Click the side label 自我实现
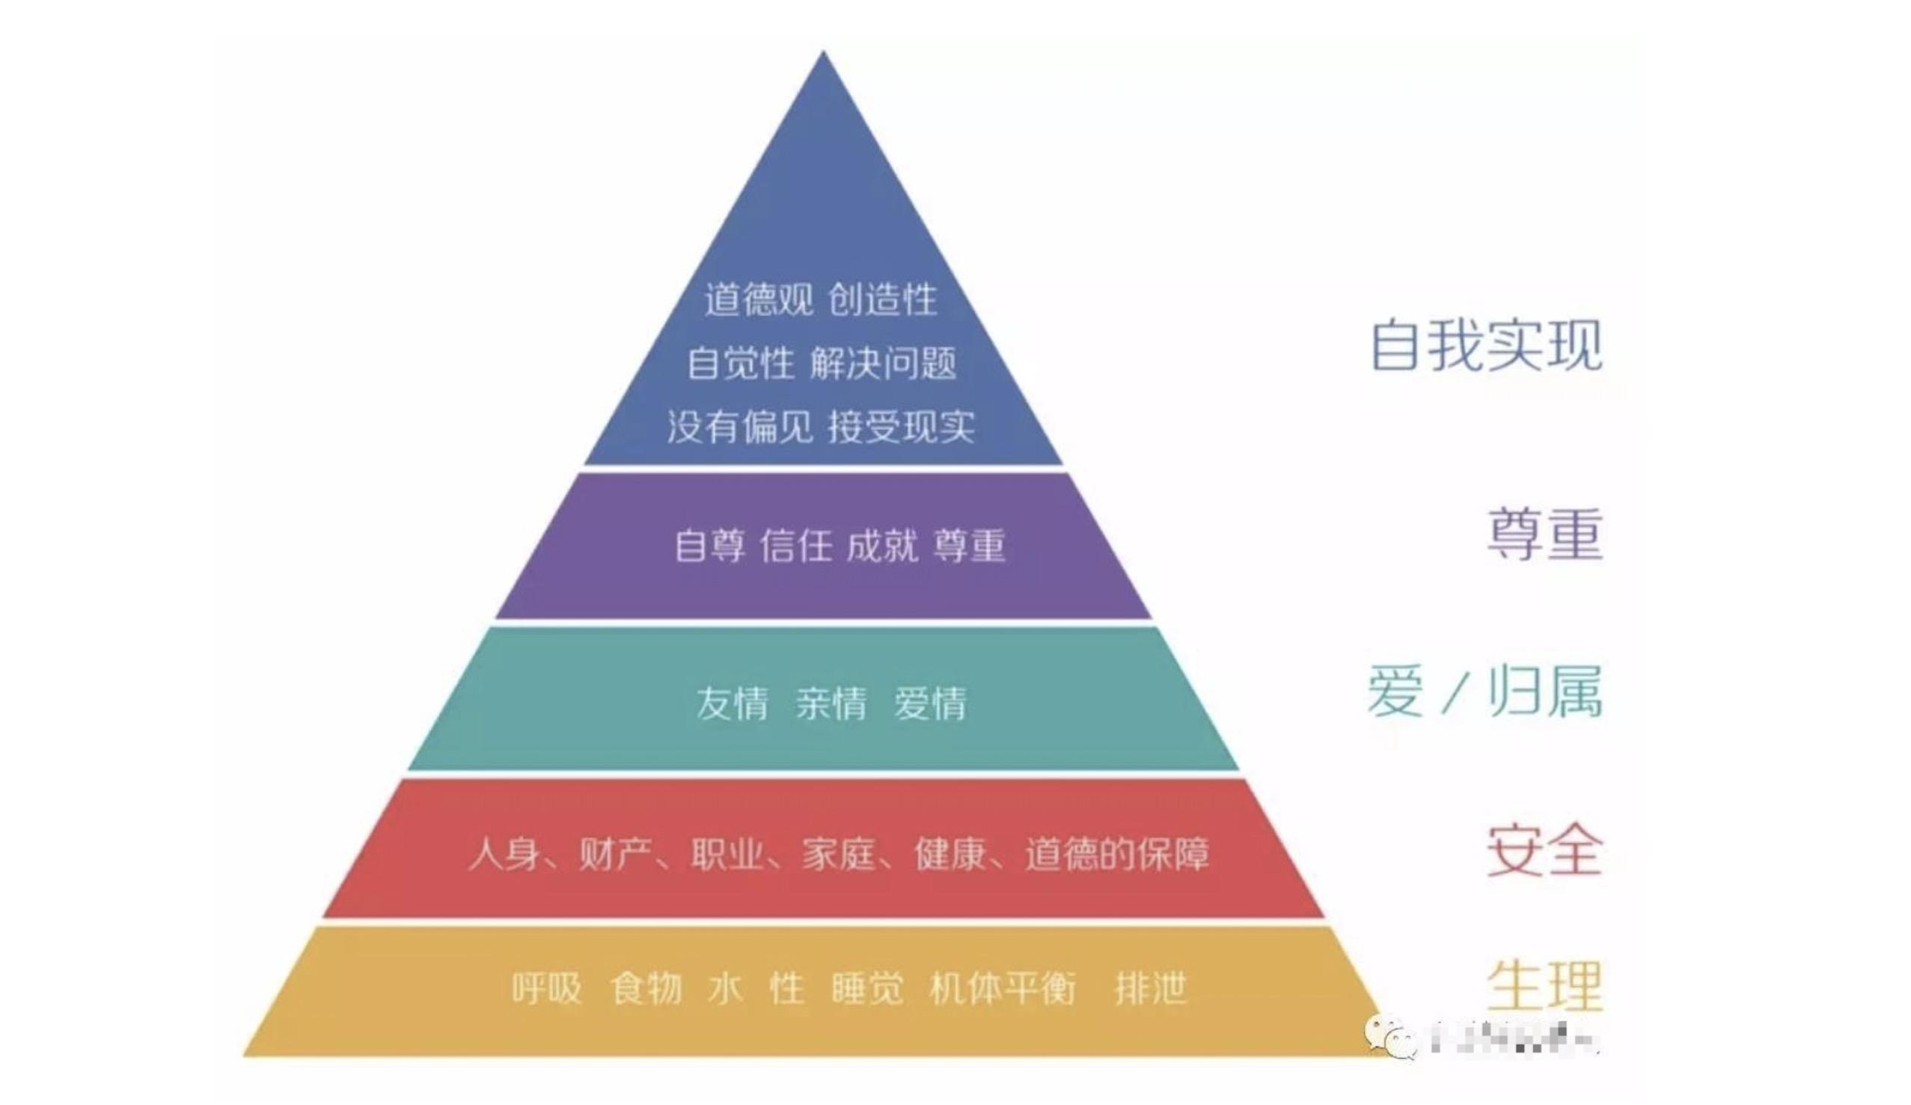1486,345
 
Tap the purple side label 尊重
1544,535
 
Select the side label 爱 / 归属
1484,692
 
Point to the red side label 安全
1544,851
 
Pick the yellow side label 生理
1544,985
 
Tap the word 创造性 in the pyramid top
882,299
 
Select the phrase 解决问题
883,363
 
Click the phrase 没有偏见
740,427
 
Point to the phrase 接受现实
901,427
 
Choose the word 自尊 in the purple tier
710,546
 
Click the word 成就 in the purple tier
881,546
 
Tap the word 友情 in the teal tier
732,704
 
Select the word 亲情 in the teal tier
831,704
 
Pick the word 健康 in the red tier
951,854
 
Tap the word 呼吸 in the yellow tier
547,988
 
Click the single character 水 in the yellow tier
725,988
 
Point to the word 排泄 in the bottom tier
1150,988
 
